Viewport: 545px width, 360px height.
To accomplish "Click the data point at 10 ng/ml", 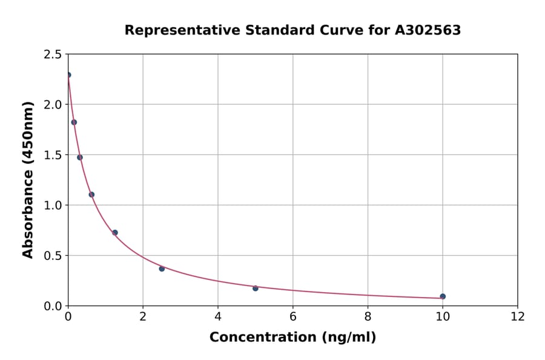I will pyautogui.click(x=443, y=296).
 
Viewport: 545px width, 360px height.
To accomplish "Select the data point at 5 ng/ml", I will pyautogui.click(x=256, y=288).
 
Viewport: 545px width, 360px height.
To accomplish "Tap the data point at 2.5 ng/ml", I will pyautogui.click(x=162, y=268).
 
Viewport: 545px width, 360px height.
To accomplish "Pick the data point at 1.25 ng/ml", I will pyautogui.click(x=115, y=233).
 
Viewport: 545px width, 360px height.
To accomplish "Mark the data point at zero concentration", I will pyautogui.click(x=68, y=75).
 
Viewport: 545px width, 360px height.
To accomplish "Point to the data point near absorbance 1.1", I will pyautogui.click(x=91, y=195).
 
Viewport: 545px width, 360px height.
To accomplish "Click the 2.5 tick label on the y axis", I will pyautogui.click(x=52, y=55).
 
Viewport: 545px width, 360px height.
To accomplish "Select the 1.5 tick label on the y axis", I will pyautogui.click(x=52, y=155).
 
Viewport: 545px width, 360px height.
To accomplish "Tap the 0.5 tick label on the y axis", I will pyautogui.click(x=52, y=256).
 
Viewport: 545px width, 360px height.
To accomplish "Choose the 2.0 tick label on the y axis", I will pyautogui.click(x=52, y=105).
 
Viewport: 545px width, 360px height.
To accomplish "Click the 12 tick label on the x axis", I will pyautogui.click(x=518, y=316).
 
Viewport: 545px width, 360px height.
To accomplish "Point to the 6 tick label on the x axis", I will pyautogui.click(x=293, y=316).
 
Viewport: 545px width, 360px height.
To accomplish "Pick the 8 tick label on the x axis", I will pyautogui.click(x=368, y=316).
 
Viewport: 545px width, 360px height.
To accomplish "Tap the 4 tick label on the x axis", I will pyautogui.click(x=218, y=316).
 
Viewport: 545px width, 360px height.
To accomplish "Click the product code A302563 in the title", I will pyautogui.click(x=428, y=30).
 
